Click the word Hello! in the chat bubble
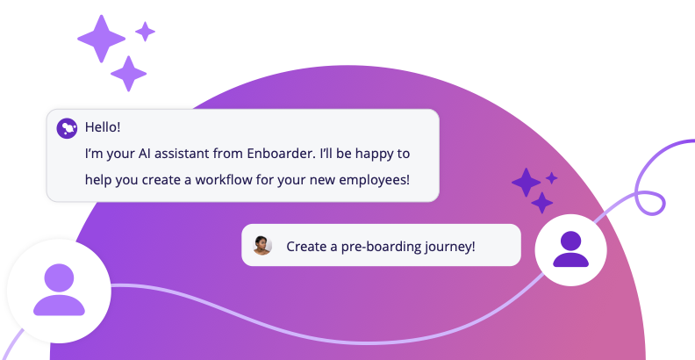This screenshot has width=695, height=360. tap(103, 126)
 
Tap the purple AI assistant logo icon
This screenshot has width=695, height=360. tap(67, 128)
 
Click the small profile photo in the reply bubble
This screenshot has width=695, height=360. tap(262, 246)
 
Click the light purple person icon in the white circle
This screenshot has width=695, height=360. tap(59, 290)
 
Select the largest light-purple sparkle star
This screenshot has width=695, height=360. tap(102, 38)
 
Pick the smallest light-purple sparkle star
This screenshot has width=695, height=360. tap(145, 32)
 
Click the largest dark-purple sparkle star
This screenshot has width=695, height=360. tap(526, 183)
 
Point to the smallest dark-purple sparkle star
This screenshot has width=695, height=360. tap(552, 178)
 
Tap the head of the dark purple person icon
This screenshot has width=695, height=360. tap(570, 240)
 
